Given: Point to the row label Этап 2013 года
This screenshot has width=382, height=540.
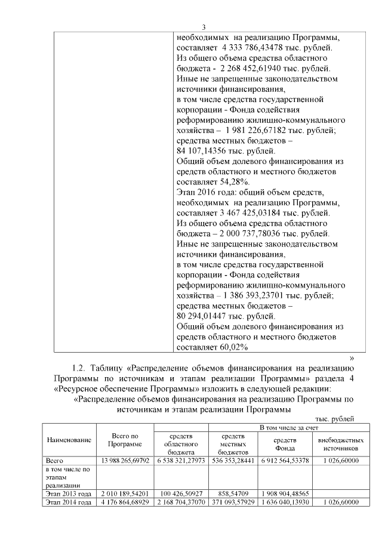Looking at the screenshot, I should tap(69, 494).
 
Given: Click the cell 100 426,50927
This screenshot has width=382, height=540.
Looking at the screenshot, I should tap(181, 494).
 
